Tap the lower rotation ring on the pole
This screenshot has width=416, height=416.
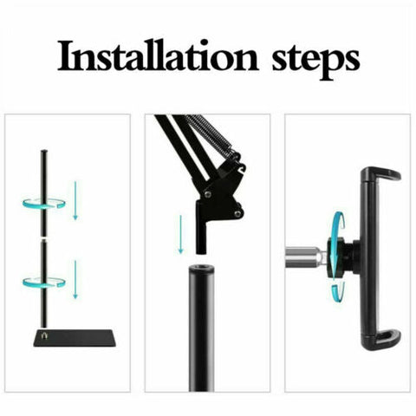42,282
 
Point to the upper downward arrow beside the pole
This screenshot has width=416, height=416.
75,199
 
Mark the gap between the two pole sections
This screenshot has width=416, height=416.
42,236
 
